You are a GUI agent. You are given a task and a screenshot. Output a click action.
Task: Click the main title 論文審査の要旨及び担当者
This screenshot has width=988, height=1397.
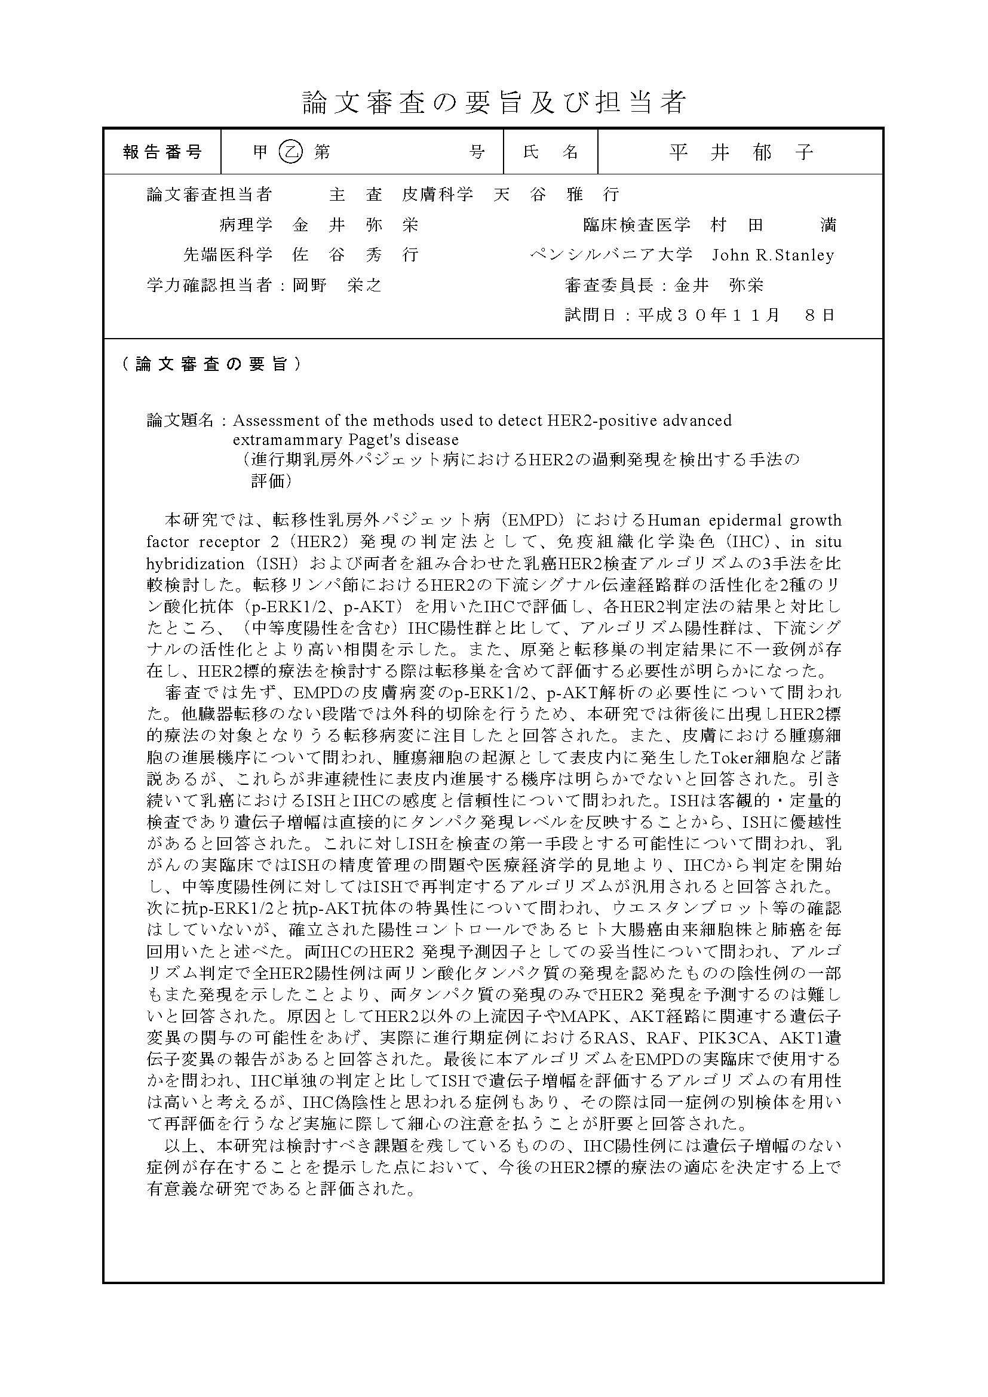click(x=494, y=102)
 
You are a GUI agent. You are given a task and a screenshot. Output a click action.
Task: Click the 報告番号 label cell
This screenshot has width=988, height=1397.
click(x=162, y=152)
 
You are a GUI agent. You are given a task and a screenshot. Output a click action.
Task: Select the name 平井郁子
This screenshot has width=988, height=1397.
click(x=740, y=152)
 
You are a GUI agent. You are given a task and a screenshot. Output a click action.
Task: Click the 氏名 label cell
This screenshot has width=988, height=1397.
click(x=550, y=152)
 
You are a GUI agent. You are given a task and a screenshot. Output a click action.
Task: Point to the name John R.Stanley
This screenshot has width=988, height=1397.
click(x=772, y=255)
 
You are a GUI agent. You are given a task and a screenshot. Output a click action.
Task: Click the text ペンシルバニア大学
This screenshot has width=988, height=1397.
click(x=612, y=255)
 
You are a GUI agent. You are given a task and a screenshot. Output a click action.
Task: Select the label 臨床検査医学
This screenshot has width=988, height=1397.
click(x=636, y=225)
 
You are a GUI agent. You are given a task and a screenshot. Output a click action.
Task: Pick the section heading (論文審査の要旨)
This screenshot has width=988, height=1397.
click(x=210, y=364)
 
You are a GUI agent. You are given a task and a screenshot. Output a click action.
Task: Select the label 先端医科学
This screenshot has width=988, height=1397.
click(x=228, y=255)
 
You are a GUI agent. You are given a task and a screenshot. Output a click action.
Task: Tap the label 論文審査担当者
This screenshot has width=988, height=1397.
click(x=209, y=195)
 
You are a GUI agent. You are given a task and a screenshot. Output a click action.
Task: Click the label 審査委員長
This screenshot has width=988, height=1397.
click(x=609, y=285)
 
